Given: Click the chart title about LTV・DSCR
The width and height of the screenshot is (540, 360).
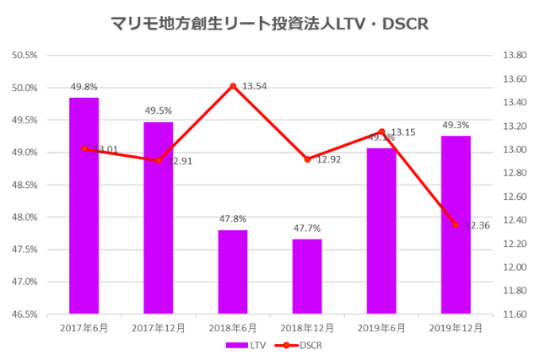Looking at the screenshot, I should click(x=270, y=24).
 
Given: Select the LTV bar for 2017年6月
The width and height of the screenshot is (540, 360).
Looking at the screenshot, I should click(x=84, y=206).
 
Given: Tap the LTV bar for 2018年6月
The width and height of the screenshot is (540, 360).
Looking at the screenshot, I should click(x=232, y=271).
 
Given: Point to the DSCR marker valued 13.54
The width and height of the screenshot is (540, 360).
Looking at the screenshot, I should click(x=233, y=86).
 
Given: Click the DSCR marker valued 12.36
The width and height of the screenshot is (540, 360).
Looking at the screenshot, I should click(x=456, y=225).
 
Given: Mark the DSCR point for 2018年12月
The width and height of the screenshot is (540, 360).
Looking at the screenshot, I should click(x=307, y=159).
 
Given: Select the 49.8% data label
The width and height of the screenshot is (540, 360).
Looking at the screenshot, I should click(x=84, y=86).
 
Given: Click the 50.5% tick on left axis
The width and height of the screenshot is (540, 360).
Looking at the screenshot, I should click(x=25, y=56).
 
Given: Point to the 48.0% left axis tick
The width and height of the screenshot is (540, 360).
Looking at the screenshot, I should click(x=25, y=218).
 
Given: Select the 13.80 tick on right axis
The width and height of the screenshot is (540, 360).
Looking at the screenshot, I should click(x=514, y=56).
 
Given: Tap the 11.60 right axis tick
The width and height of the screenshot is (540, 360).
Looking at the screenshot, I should click(x=514, y=314).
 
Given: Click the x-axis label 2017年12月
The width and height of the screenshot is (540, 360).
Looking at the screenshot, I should click(x=158, y=327).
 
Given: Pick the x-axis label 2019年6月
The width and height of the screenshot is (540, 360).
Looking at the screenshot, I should click(x=381, y=327).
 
